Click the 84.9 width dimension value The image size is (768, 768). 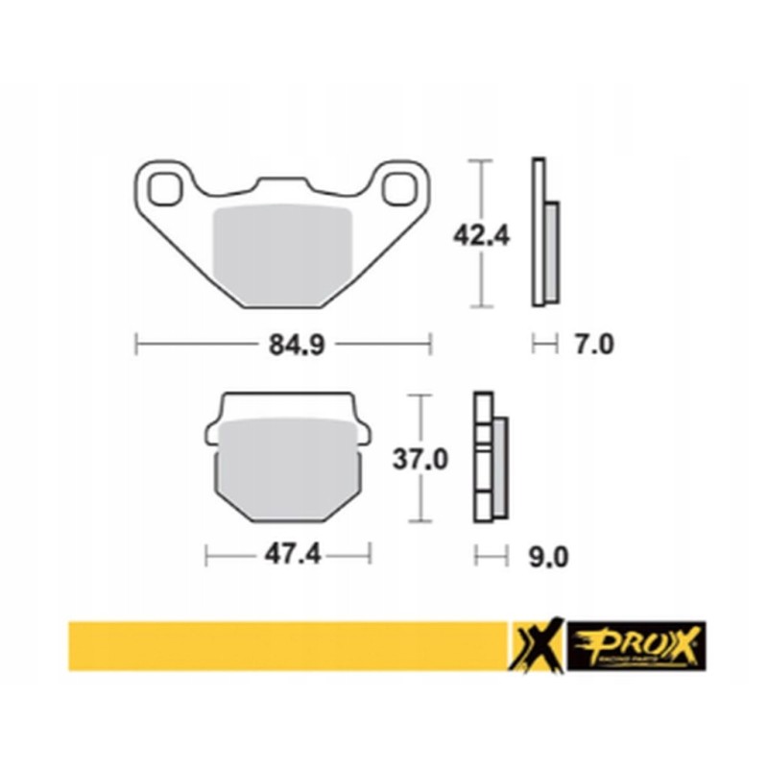(283, 344)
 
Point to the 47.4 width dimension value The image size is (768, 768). (288, 554)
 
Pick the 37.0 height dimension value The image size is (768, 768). (420, 461)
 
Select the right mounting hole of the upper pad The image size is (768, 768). (396, 187)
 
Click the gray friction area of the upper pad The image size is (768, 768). (281, 252)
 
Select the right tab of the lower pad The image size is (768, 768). (362, 434)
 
